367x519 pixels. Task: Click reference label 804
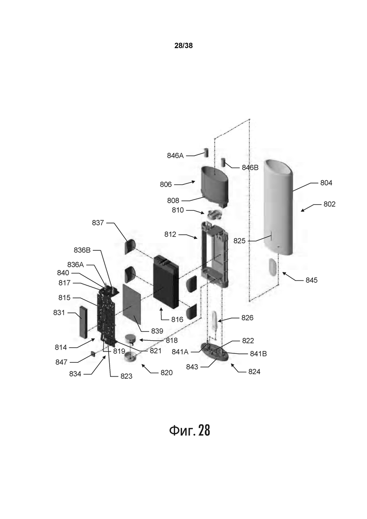pyautogui.click(x=326, y=183)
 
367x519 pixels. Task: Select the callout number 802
pyautogui.click(x=329, y=204)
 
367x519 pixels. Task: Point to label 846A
pyautogui.click(x=176, y=155)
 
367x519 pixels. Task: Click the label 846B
pyautogui.click(x=250, y=168)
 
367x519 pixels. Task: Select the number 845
pyautogui.click(x=311, y=280)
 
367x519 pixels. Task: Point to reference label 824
pyautogui.click(x=254, y=371)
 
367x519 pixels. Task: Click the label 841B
pyautogui.click(x=258, y=354)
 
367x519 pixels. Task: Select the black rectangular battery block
pyautogui.click(x=166, y=280)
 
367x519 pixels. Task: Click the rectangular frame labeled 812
pyautogui.click(x=215, y=254)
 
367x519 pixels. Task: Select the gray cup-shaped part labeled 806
pyautogui.click(x=215, y=186)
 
